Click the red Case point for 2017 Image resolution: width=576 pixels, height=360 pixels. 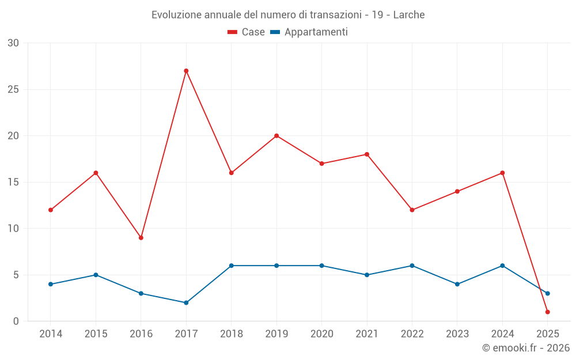186,71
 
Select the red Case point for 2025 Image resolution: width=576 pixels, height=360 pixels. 547,312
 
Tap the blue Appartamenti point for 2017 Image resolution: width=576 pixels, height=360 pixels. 186,302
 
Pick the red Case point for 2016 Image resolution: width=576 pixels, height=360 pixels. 141,237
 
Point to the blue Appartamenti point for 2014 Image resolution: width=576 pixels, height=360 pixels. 51,284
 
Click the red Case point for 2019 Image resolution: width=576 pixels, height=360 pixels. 276,136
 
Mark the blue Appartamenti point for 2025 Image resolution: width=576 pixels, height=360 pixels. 547,293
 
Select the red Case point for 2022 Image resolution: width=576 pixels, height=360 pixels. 412,210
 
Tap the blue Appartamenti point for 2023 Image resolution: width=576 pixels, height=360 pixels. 457,284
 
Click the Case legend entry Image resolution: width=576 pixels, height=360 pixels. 247,32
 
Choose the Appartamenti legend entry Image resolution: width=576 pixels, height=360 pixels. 309,32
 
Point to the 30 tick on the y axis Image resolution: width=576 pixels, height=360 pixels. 13,43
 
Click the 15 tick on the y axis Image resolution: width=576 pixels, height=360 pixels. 13,182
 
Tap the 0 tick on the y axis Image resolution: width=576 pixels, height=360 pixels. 16,321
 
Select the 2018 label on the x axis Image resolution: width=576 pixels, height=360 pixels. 231,334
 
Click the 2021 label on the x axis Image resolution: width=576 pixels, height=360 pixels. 367,334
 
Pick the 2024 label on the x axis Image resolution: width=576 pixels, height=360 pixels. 502,334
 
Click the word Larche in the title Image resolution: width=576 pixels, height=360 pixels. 409,15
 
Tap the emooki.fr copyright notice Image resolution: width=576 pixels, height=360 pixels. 525,348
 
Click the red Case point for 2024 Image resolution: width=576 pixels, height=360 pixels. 502,173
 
